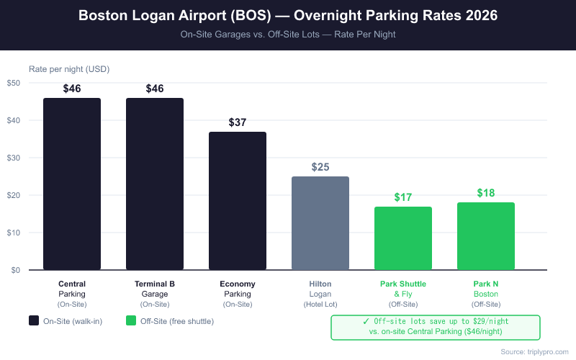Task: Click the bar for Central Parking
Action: tap(72, 184)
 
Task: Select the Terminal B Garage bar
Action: tap(155, 184)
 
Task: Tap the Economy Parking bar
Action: tap(238, 201)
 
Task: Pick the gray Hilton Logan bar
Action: tap(320, 223)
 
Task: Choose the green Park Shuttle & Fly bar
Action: tap(403, 238)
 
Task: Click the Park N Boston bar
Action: tap(486, 236)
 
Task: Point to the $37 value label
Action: tap(238, 122)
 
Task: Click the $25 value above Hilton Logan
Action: tap(320, 167)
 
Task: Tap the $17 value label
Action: tap(403, 197)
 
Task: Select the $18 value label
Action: tap(486, 193)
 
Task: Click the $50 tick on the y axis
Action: tap(14, 83)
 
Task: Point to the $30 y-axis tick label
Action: tap(14, 158)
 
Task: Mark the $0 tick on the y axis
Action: tap(16, 270)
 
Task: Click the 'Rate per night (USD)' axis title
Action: tap(69, 69)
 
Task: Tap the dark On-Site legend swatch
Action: tap(34, 320)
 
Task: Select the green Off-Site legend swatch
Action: tap(131, 320)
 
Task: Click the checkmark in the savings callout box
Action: tap(366, 321)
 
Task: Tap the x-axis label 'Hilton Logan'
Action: tap(320, 289)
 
